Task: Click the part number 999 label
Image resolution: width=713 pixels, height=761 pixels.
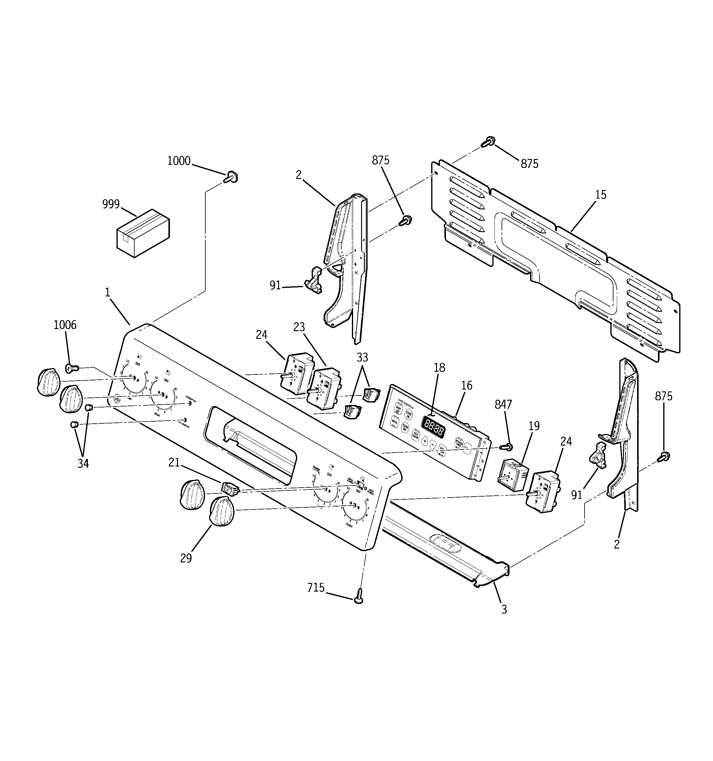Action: click(x=111, y=204)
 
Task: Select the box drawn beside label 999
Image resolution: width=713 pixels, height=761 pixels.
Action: click(x=143, y=233)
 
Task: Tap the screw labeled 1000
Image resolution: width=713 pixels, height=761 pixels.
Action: click(x=231, y=177)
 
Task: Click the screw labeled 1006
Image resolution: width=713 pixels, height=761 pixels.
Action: click(x=72, y=368)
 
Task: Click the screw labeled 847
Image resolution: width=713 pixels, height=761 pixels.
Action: click(x=507, y=446)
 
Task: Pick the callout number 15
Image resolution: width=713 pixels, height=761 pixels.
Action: click(x=601, y=195)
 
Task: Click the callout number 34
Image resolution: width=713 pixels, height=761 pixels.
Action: click(x=83, y=464)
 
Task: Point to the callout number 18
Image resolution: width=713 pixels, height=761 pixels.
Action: click(x=439, y=367)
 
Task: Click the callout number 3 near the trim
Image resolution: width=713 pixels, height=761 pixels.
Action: click(x=504, y=609)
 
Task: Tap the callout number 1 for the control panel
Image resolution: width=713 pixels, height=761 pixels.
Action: click(x=108, y=292)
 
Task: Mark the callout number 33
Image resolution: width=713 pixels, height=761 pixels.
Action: click(x=362, y=357)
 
